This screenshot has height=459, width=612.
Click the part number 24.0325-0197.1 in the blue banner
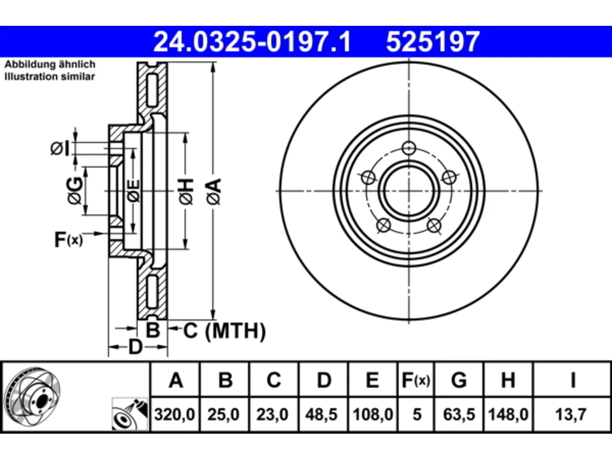click(x=252, y=42)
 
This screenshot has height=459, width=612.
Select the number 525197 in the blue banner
click(x=433, y=42)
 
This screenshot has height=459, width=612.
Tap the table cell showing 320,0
click(x=175, y=414)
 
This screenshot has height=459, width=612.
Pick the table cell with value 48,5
click(x=321, y=414)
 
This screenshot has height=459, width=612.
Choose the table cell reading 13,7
click(x=570, y=414)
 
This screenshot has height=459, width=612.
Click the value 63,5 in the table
click(x=459, y=414)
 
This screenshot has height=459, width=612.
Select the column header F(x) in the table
click(x=415, y=380)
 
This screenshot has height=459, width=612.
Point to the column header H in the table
click(x=508, y=380)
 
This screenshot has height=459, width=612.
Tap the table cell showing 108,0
click(x=373, y=414)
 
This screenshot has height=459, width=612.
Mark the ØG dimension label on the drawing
click(x=75, y=191)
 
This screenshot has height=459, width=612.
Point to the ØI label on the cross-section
click(x=60, y=148)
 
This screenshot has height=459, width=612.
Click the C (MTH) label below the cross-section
click(x=224, y=330)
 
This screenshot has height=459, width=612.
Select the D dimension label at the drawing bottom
click(x=135, y=347)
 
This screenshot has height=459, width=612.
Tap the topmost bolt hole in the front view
click(x=409, y=148)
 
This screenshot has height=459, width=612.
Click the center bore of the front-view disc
click(x=409, y=191)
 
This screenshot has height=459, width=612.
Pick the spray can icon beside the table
click(x=130, y=414)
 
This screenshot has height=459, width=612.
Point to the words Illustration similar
click(x=50, y=76)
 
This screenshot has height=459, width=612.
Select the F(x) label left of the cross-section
click(x=68, y=240)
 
